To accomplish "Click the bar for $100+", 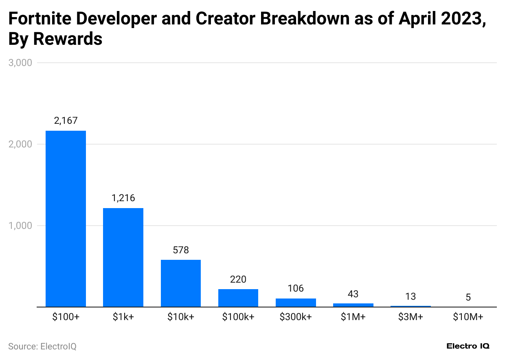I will coord(66,219).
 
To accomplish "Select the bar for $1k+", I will coord(123,257).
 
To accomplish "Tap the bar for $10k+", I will coord(181,283).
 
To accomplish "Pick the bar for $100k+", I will coord(238,298).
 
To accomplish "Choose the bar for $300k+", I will coord(296,303).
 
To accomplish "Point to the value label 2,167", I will coord(66,121).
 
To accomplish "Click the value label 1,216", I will coord(123,198).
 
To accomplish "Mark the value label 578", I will coord(181,250).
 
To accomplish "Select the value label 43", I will coord(353,294).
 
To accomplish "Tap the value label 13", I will coord(411,296).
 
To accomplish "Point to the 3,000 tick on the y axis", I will coord(20,63).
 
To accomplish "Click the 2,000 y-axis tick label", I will coord(20,144).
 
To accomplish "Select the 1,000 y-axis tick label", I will coord(20,226).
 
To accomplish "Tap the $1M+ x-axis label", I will coord(353,317).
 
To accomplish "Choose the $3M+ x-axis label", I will coord(411,317).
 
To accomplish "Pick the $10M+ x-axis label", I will coord(468,317).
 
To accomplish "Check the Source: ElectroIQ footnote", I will coord(42,346).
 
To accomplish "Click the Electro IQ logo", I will coord(468,346).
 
